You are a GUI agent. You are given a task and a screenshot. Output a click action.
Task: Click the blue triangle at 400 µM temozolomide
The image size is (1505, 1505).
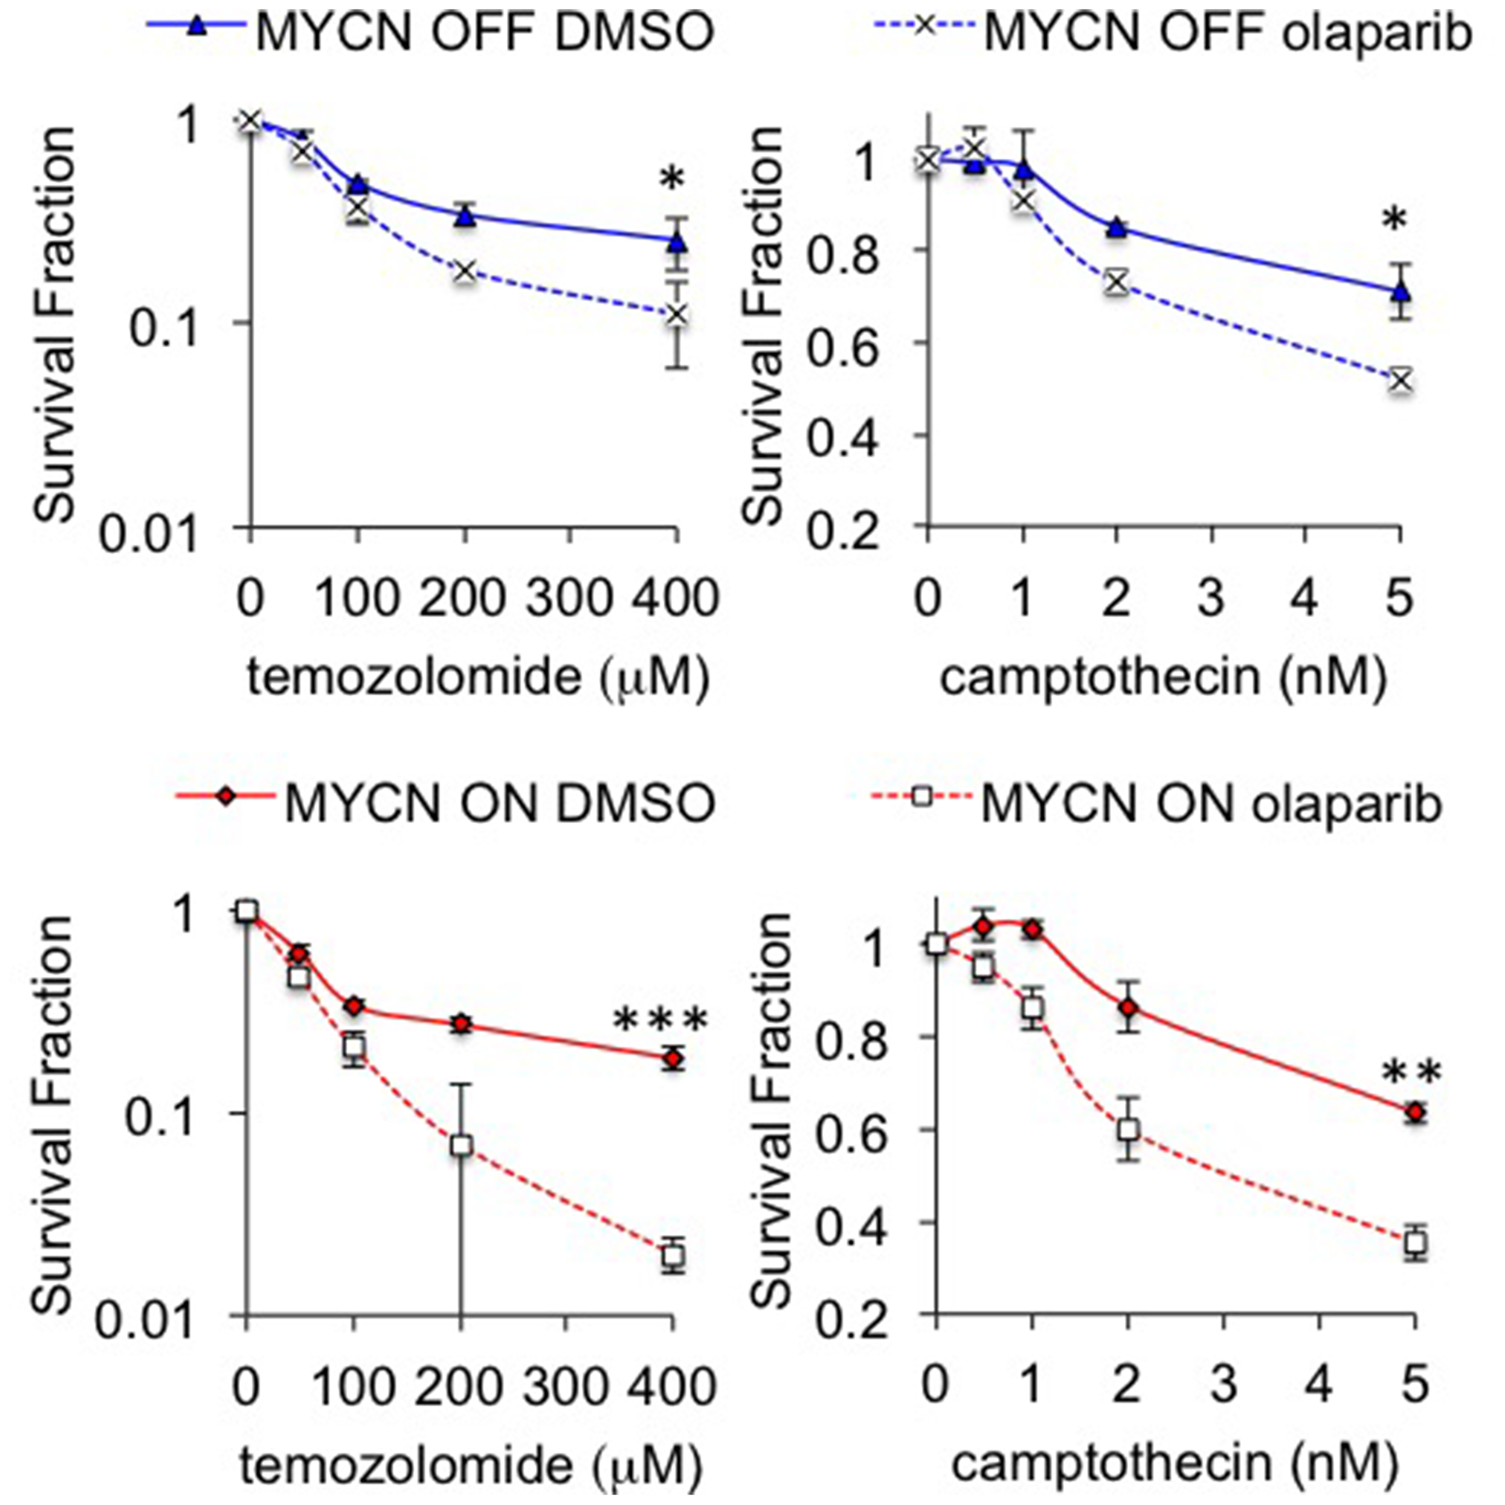click(676, 242)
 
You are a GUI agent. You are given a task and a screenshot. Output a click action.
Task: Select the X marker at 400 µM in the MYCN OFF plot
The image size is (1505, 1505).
click(676, 314)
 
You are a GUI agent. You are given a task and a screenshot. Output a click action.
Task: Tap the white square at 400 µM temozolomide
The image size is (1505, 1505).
click(673, 1256)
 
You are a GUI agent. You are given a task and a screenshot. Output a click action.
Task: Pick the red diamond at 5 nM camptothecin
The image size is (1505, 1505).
click(1415, 1113)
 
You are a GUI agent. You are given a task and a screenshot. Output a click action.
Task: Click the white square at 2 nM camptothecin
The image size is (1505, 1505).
click(1129, 1130)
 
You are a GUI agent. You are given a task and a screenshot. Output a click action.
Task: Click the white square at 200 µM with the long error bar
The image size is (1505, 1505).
click(461, 1146)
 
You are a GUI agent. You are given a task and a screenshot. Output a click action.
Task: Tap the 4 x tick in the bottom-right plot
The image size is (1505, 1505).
click(1319, 1384)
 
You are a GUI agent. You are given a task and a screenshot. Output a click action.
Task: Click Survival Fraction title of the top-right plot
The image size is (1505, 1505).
click(764, 325)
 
